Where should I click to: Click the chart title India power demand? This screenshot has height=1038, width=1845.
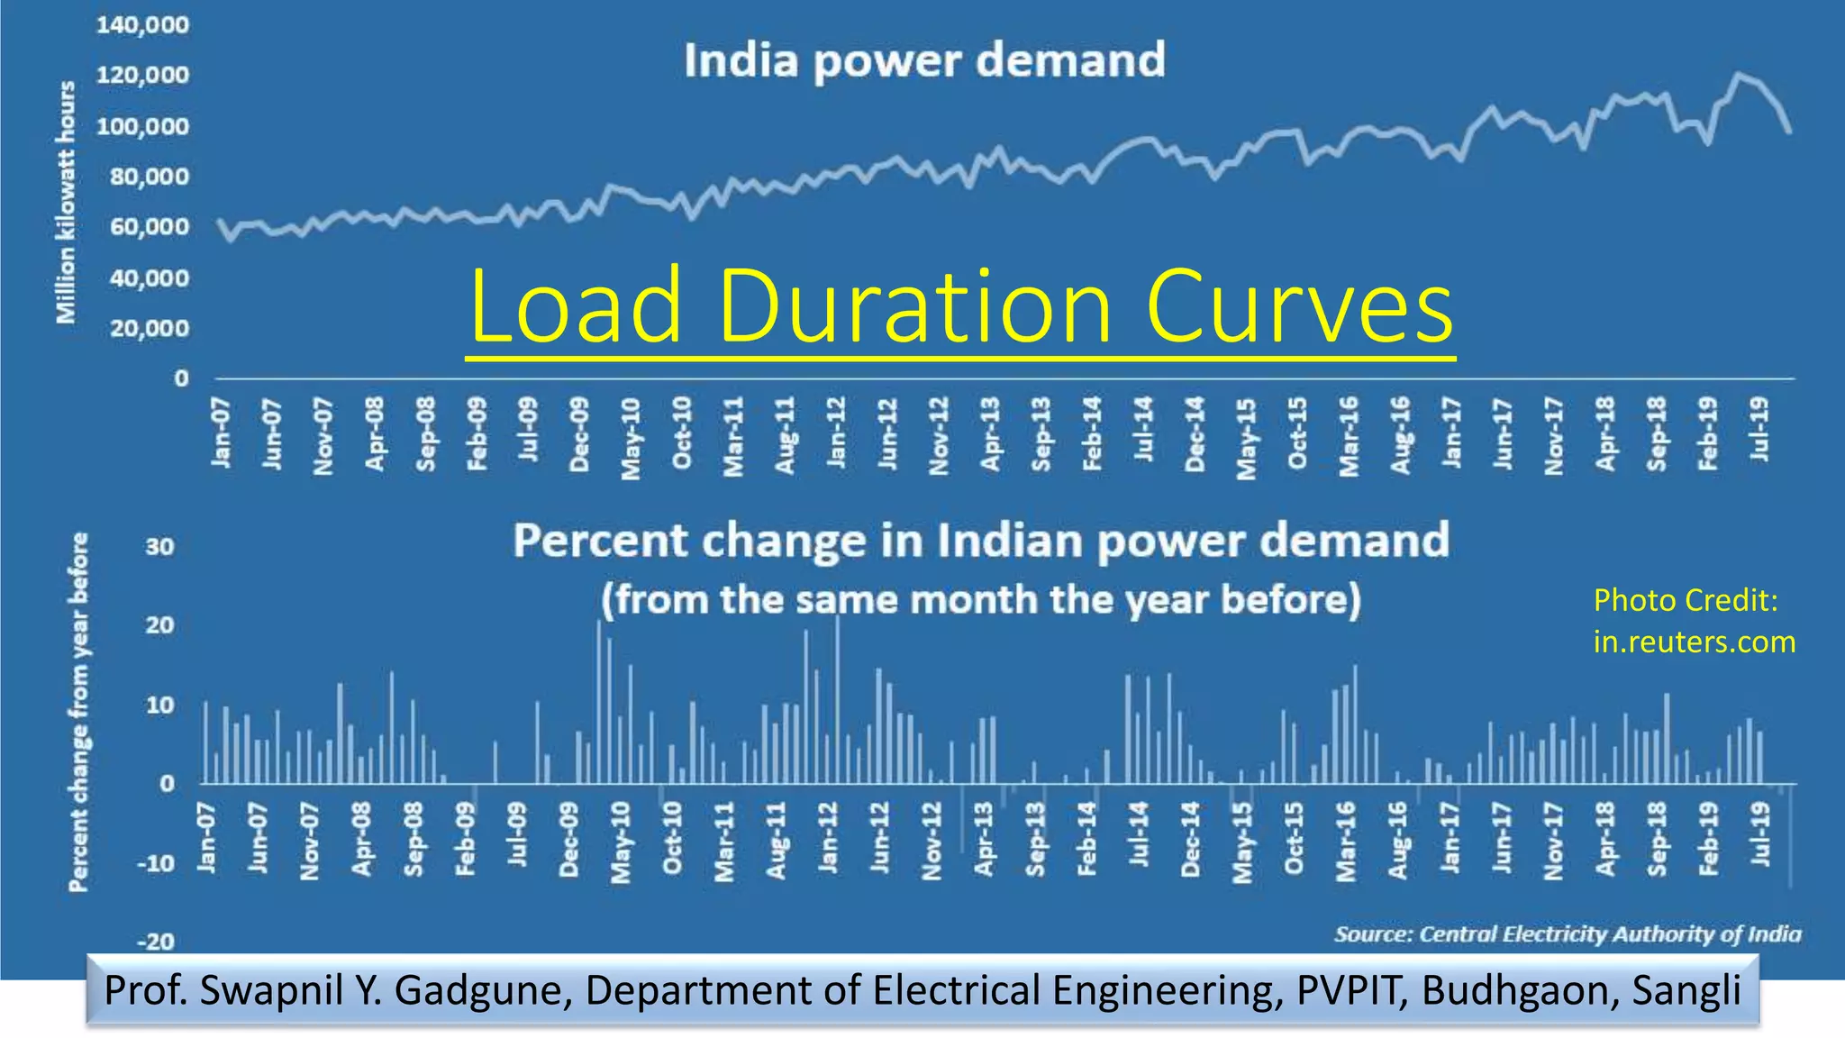[924, 61]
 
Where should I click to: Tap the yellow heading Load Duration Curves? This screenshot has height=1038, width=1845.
[960, 306]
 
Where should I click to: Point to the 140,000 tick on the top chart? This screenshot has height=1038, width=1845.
[143, 25]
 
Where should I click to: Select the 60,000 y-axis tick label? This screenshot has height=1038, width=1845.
[150, 227]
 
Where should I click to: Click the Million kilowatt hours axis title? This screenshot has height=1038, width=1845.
[66, 202]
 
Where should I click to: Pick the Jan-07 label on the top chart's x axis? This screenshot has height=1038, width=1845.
[221, 434]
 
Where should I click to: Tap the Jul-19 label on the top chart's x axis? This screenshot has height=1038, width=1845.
[1759, 430]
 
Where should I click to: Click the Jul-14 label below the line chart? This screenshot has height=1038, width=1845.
[1144, 430]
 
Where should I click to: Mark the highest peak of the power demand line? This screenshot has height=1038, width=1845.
[1739, 75]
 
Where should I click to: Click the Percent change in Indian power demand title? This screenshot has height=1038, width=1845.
[981, 541]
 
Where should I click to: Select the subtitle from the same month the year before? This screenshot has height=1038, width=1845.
[981, 600]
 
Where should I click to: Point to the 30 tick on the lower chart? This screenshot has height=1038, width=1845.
[159, 547]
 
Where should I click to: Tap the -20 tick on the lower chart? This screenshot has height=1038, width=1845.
[155, 942]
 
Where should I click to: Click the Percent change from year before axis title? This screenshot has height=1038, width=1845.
[79, 712]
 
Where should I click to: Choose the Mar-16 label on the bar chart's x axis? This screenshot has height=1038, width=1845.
[1346, 841]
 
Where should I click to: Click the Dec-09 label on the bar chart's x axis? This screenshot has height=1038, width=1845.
[569, 840]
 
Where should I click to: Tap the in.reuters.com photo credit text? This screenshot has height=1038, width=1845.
[1694, 642]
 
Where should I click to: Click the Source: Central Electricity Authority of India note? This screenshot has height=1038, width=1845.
[1568, 934]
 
